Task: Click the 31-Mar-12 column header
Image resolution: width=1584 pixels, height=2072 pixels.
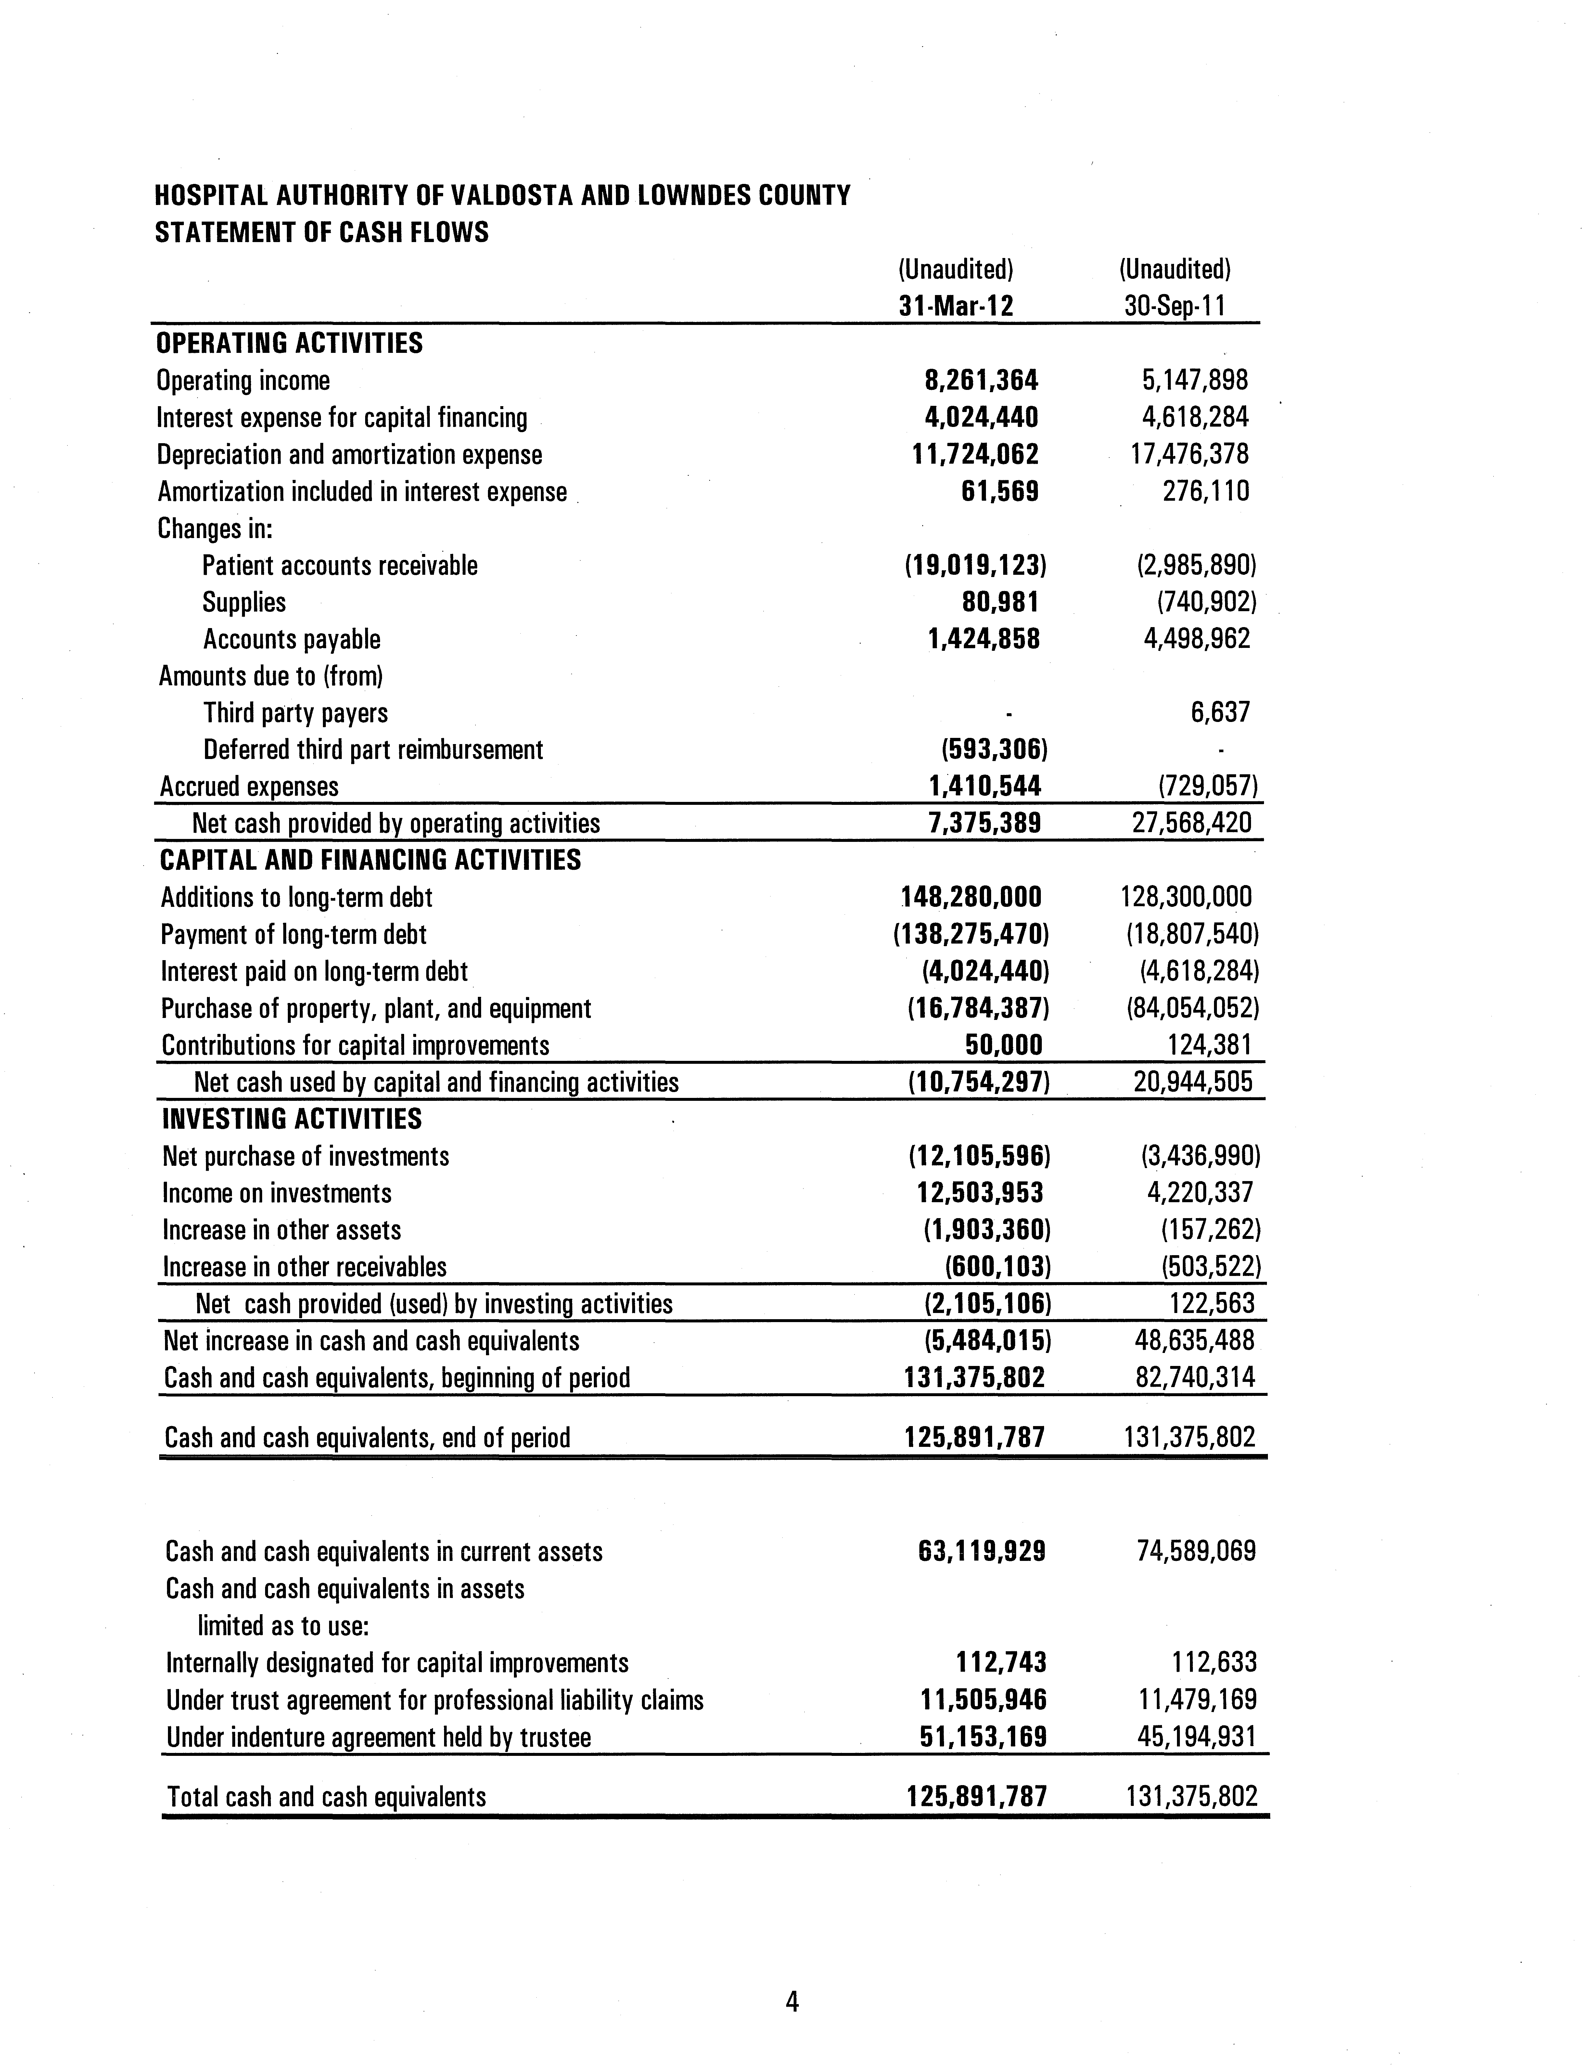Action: tap(955, 306)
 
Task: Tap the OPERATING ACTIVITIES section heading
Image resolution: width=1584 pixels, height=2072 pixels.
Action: tap(289, 343)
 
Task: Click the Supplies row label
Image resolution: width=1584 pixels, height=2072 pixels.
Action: tap(244, 603)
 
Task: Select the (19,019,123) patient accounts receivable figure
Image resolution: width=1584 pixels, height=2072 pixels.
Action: tap(976, 566)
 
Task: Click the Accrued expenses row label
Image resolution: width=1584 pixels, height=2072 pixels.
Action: tap(249, 787)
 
